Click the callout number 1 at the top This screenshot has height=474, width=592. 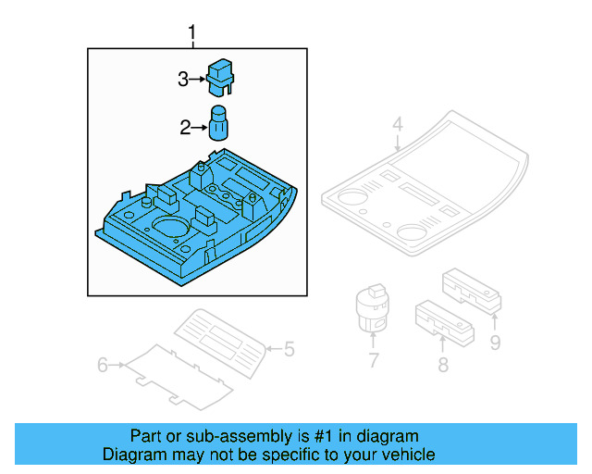(192, 35)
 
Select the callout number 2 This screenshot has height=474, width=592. (185, 128)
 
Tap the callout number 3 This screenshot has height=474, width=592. (183, 80)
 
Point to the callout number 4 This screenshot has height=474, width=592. (397, 124)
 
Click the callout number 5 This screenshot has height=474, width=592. (289, 349)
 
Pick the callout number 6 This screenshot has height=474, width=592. (103, 366)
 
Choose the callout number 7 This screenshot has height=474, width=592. (373, 360)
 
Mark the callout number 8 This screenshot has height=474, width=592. (443, 365)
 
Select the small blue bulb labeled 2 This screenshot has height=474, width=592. (220, 123)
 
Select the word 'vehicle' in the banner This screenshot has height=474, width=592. (408, 455)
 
